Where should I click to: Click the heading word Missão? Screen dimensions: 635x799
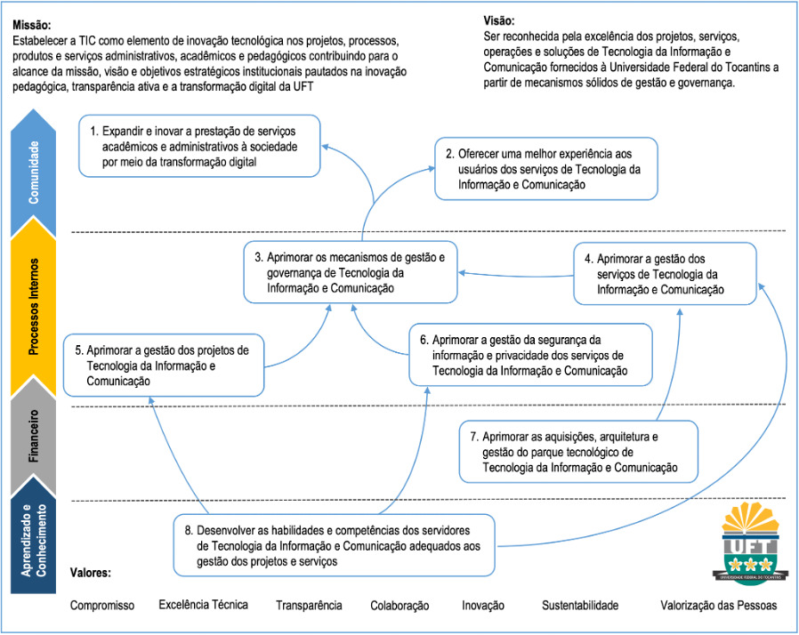32,24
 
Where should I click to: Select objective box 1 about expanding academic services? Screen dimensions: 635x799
199,145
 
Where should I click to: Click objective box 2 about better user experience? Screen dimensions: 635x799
545,168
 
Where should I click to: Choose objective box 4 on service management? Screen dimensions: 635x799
665,272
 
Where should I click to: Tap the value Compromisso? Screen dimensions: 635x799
102,606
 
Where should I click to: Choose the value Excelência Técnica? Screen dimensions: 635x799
203,605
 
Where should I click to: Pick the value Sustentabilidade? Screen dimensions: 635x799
579,606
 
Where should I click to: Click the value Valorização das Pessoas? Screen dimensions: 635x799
718,606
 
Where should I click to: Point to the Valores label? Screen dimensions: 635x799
90,573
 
